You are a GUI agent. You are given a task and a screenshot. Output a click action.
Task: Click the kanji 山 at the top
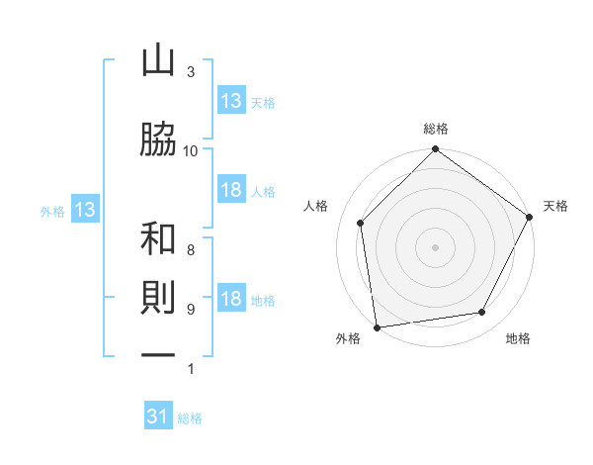tap(158, 59)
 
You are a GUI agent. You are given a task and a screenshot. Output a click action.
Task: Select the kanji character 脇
tap(158, 139)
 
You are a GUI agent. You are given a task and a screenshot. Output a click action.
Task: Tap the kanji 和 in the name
tap(158, 237)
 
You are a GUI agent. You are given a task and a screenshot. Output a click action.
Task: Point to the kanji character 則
tap(158, 297)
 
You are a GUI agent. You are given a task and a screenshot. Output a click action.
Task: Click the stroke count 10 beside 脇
tap(190, 151)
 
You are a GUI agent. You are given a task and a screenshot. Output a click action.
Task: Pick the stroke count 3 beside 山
tap(191, 71)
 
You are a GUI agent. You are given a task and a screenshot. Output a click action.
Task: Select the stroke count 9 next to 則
tap(191, 309)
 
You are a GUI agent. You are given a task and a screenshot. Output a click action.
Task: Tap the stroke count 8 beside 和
tap(191, 249)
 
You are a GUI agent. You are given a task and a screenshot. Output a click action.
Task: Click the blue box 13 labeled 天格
tap(231, 99)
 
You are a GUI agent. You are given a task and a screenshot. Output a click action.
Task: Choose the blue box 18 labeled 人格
tap(231, 189)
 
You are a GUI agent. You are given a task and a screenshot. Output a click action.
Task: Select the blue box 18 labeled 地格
tap(231, 297)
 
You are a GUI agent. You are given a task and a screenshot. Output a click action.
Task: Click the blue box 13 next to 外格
tap(85, 209)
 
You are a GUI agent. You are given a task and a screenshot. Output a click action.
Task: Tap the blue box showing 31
tap(158, 415)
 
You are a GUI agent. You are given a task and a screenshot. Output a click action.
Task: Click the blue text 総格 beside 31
tap(190, 418)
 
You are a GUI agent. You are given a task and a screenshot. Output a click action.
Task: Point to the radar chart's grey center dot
tap(435, 247)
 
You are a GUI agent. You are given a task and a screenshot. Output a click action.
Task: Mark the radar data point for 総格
tap(435, 148)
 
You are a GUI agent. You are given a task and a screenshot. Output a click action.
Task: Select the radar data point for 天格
tap(529, 217)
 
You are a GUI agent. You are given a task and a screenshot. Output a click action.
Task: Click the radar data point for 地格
tap(482, 312)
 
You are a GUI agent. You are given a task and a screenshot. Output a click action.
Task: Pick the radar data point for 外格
tap(377, 327)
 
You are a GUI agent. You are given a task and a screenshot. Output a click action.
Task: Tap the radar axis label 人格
tap(315, 206)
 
